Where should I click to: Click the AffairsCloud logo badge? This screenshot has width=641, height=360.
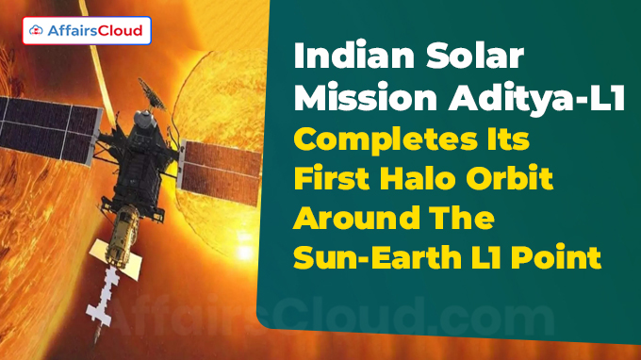click(x=85, y=31)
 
